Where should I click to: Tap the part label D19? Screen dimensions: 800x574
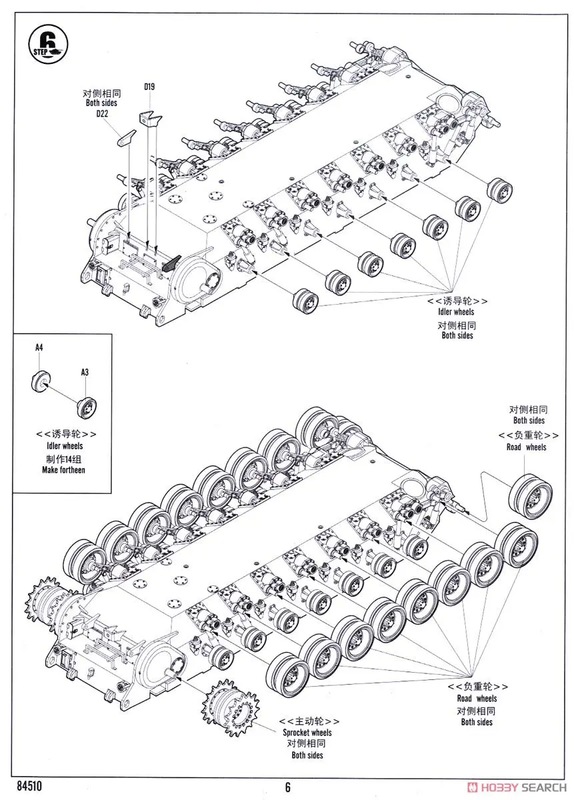pyautogui.click(x=148, y=87)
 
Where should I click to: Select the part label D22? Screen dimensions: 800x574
pyautogui.click(x=101, y=114)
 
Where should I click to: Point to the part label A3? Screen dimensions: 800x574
pyautogui.click(x=85, y=372)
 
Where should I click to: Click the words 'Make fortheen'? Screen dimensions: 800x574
pyautogui.click(x=59, y=469)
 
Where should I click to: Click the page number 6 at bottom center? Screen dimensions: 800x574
pyautogui.click(x=287, y=787)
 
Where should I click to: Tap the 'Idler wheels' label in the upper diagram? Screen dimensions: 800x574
pyautogui.click(x=456, y=312)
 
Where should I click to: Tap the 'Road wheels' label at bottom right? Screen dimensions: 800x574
pyautogui.click(x=477, y=699)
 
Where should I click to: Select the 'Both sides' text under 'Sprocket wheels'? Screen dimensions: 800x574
pyautogui.click(x=307, y=755)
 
